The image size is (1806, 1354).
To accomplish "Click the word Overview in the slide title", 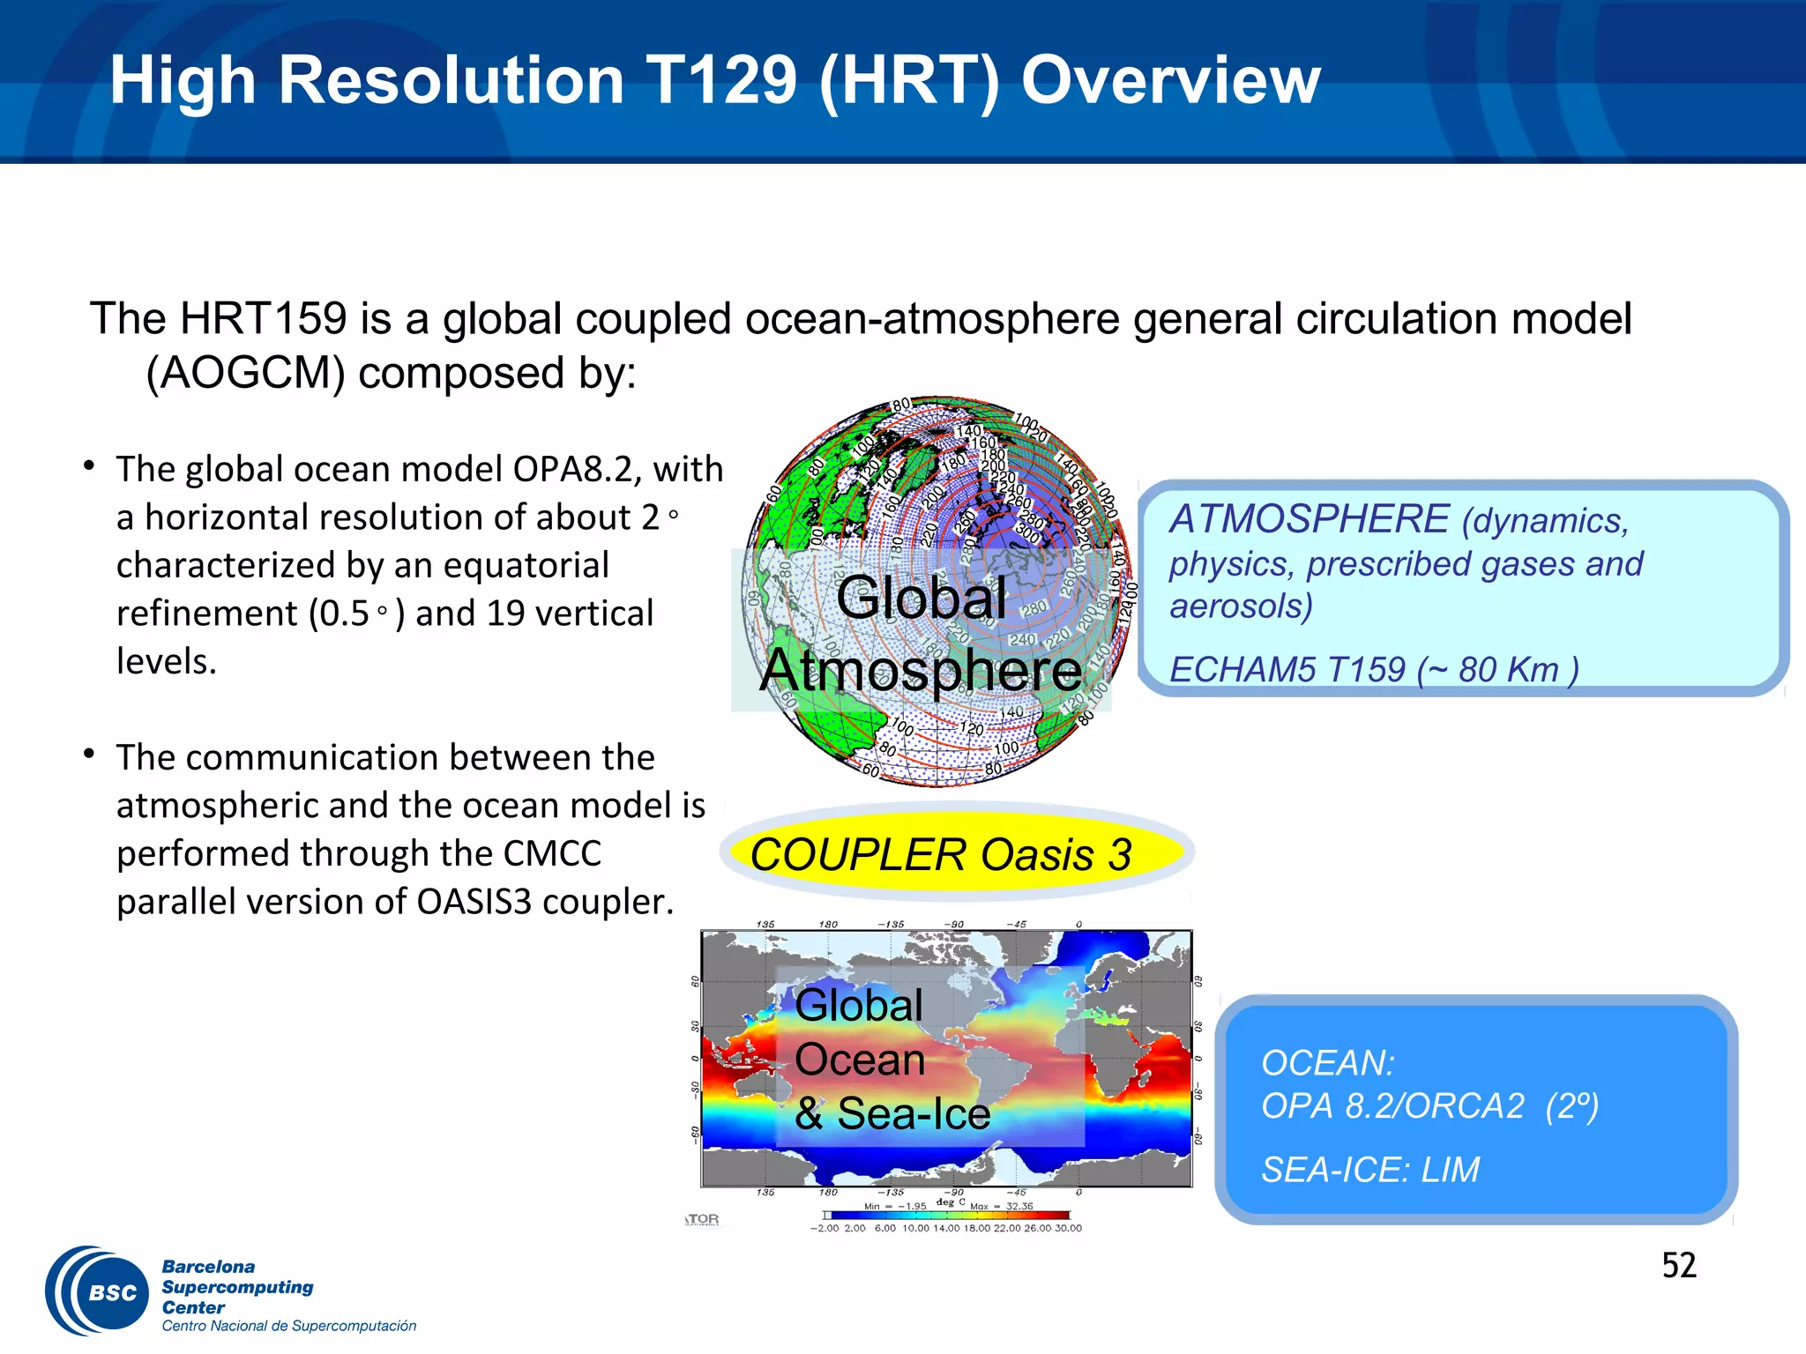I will [1170, 80].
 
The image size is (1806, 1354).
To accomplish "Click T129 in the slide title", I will [721, 80].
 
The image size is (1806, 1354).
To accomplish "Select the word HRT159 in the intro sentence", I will [263, 318].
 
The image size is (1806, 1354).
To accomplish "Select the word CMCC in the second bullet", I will [552, 853].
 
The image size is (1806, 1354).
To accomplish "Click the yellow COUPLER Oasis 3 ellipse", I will [957, 853].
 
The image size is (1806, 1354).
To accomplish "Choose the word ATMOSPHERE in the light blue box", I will [1310, 519].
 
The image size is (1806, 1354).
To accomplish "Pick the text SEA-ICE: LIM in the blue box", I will [1370, 1170].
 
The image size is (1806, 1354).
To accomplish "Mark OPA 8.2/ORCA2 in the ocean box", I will [1393, 1106].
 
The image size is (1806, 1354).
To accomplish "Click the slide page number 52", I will [1678, 1266].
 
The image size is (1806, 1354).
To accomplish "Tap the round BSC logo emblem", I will [99, 1291].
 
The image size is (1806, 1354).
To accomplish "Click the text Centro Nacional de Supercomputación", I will [288, 1326].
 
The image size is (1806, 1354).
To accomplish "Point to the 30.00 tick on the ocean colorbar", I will [1068, 1228].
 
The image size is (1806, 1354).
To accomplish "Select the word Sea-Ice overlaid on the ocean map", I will [914, 1113].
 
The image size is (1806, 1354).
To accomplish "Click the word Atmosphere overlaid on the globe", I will [921, 671].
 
